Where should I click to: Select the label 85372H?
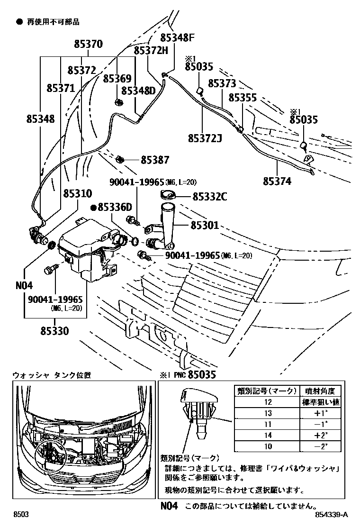[x=151, y=50]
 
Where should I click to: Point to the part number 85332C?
[x=210, y=195]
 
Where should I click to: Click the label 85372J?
[x=205, y=138]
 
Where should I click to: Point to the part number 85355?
[x=243, y=98]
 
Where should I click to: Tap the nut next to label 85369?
[x=118, y=101]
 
